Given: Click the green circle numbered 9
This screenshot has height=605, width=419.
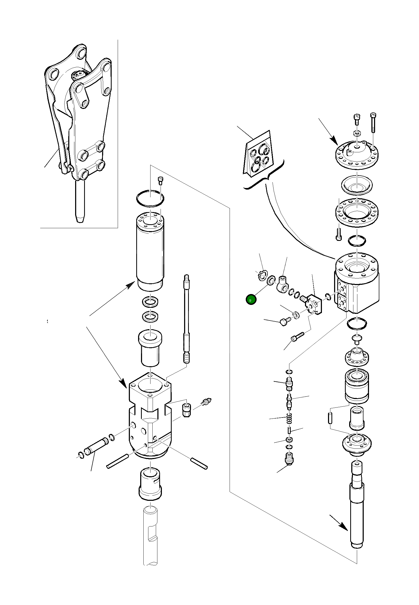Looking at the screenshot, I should pyautogui.click(x=251, y=300).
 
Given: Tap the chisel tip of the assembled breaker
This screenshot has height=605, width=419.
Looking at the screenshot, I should pyautogui.click(x=80, y=217).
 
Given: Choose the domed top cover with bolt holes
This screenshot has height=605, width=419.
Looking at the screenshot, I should pyautogui.click(x=357, y=155).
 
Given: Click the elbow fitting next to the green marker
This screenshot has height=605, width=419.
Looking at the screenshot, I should pyautogui.click(x=283, y=284).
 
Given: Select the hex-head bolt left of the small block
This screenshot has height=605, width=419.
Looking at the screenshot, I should pyautogui.click(x=284, y=322).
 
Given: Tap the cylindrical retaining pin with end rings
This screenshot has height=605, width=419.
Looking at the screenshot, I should pyautogui.click(x=97, y=446).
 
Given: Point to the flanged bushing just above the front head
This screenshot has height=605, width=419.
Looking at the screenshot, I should pyautogui.click(x=150, y=346).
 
